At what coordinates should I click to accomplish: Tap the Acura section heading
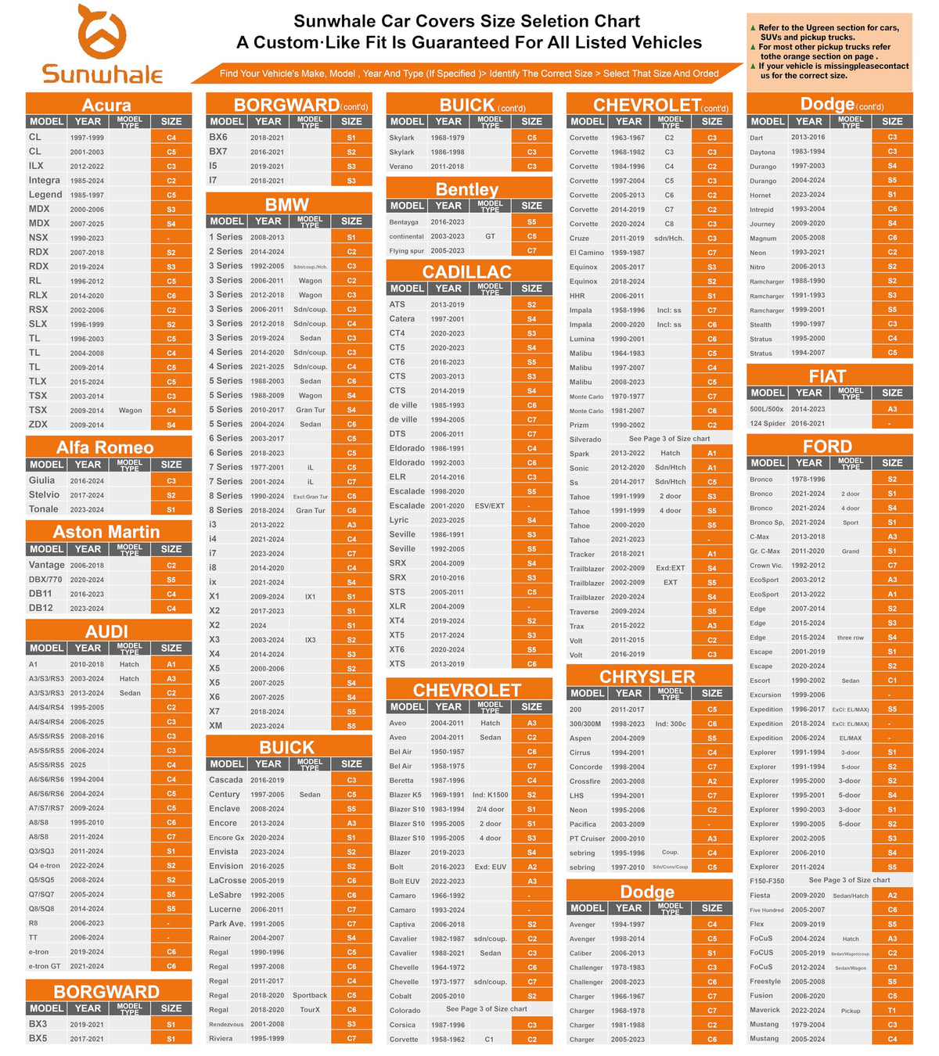[x=107, y=105]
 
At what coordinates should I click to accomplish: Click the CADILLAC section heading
[x=467, y=271]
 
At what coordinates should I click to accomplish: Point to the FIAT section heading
[x=827, y=376]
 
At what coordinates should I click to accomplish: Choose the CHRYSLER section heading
[x=647, y=677]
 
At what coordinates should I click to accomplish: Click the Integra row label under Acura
[x=45, y=180]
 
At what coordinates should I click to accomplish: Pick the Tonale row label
[x=44, y=509]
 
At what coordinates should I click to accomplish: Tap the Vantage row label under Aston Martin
[x=47, y=565]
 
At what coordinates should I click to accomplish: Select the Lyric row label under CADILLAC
[x=399, y=520]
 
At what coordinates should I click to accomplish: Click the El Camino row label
[x=587, y=253]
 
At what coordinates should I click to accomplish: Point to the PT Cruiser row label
[x=588, y=839]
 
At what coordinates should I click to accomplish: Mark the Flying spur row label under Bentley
[x=407, y=251]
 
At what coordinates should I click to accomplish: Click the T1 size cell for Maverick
[x=892, y=1011]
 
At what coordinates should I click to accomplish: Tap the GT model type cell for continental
[x=490, y=236]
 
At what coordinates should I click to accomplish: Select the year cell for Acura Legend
[x=87, y=195]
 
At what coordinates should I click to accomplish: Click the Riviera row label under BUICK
[x=221, y=1039]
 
